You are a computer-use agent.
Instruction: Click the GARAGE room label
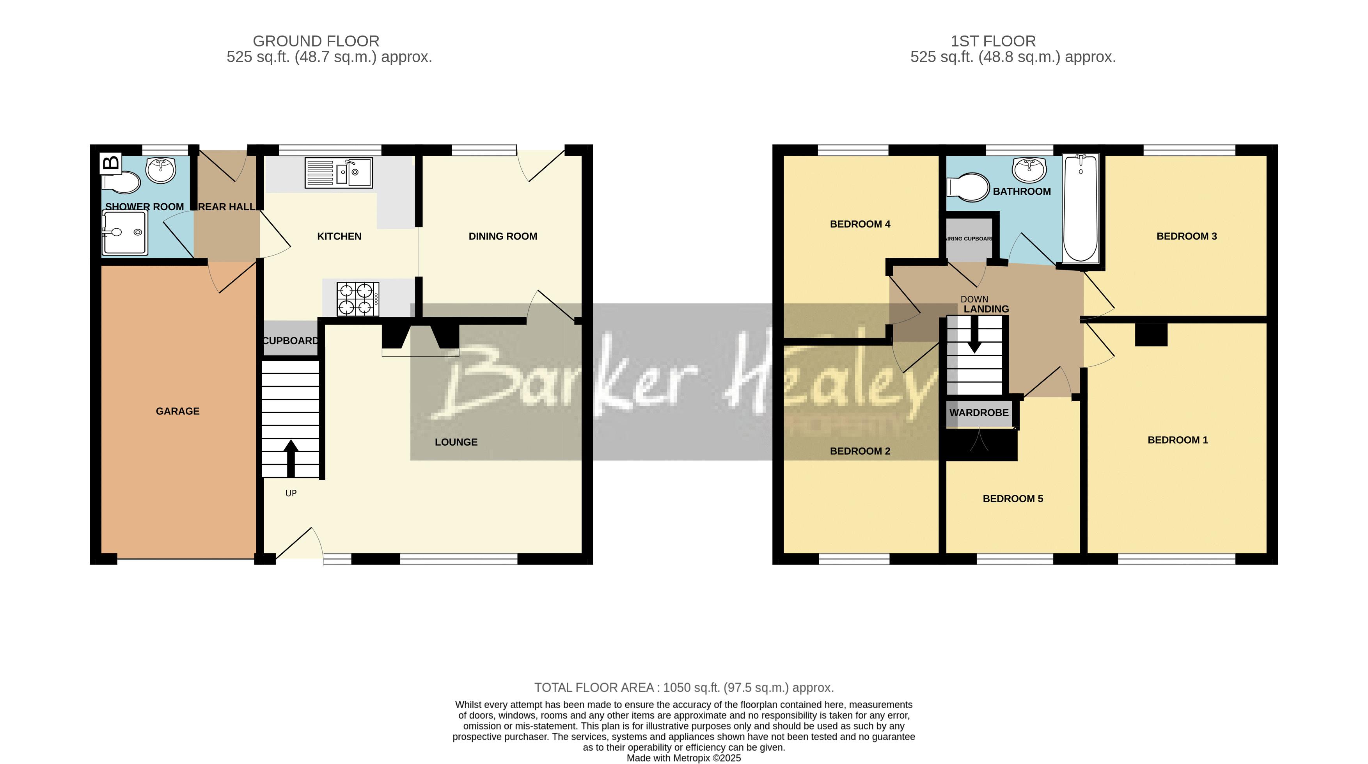tap(177, 411)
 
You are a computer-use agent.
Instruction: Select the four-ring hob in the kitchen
tap(357, 299)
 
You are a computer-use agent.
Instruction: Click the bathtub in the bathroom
tap(1080, 208)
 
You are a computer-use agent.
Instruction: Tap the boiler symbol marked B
tap(111, 163)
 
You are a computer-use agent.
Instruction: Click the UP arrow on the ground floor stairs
tap(291, 458)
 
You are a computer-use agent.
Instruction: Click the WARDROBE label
tap(979, 413)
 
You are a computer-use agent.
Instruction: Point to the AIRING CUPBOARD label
tap(969, 238)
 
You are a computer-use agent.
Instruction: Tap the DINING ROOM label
tap(502, 236)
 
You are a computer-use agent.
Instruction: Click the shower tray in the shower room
tap(124, 233)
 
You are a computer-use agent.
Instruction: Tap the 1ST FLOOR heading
tap(992, 41)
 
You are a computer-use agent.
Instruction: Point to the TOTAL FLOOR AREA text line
tap(683, 688)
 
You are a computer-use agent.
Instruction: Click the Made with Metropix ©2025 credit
tap(683, 758)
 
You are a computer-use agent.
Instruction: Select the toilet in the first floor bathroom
tap(968, 187)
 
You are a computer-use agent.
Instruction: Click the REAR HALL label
tap(227, 207)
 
